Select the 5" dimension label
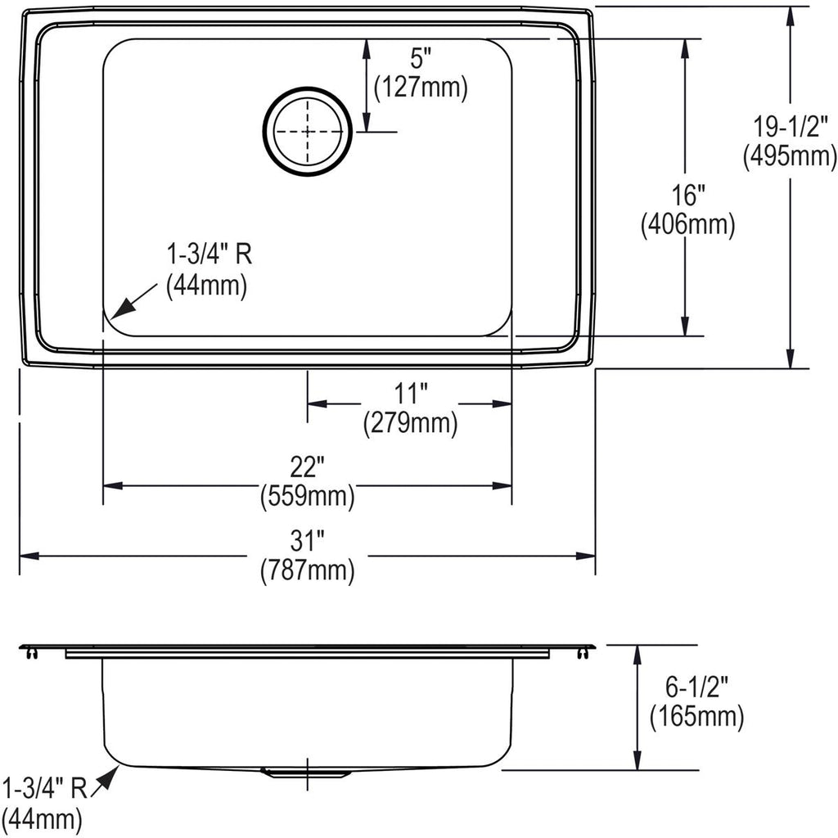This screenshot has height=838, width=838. tap(420, 58)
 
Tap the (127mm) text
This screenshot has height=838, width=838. tap(421, 88)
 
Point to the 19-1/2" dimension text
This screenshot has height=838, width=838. tap(790, 127)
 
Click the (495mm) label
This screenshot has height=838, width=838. tap(790, 157)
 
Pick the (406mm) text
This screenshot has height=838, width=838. tap(687, 225)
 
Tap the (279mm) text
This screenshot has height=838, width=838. tap(411, 424)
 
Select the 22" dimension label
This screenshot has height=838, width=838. tap(308, 467)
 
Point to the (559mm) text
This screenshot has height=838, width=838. tap(308, 497)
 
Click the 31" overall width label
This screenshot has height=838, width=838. tap(308, 541)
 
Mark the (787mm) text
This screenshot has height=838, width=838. tap(308, 570)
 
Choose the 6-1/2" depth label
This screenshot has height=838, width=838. tap(696, 687)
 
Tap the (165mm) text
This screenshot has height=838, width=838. tap(696, 717)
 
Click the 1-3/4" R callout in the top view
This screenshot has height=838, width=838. tap(209, 255)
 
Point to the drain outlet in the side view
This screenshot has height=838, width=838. tap(306, 773)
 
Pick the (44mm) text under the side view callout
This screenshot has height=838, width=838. tap(43, 818)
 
